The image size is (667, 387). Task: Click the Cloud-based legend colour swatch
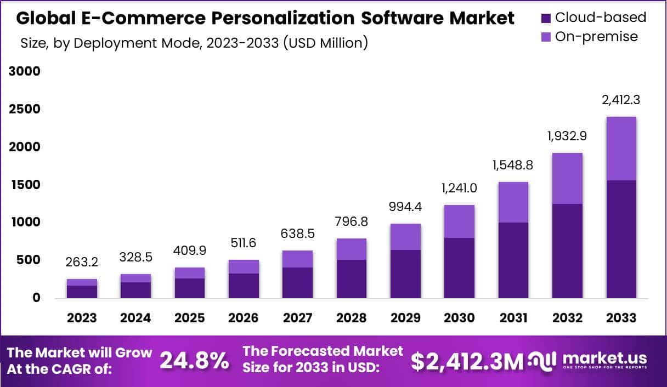click(546, 18)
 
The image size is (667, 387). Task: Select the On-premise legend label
click(596, 37)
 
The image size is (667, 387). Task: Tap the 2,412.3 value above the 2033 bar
click(621, 100)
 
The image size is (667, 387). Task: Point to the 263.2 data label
click(82, 263)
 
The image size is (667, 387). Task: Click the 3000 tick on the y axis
click(24, 72)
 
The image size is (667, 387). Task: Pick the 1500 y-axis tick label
click(24, 185)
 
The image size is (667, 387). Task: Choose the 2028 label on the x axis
click(351, 318)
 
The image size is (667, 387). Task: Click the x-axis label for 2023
click(82, 318)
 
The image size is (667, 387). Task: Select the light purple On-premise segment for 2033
click(621, 149)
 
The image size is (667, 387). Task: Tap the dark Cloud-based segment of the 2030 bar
click(459, 268)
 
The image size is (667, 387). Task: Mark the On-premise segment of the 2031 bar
click(513, 202)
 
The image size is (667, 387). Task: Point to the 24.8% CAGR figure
click(194, 360)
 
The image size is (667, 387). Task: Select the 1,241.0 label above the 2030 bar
click(459, 188)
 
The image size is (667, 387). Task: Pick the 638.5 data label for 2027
click(297, 234)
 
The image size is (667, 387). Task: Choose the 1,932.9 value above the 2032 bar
click(567, 136)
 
